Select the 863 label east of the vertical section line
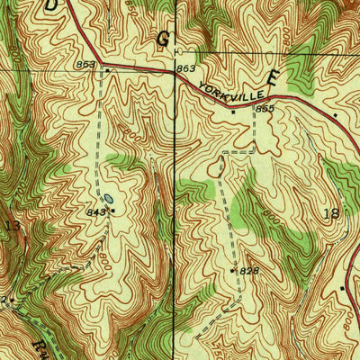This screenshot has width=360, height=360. pos(186,68)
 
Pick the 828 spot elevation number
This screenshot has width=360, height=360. pos(249,271)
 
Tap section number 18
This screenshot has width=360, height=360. pos(330,211)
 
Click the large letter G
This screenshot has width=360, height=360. pos(163,39)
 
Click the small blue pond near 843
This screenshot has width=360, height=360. pos(107,198)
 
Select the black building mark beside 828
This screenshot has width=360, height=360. pos(233,269)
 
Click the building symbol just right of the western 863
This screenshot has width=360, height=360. pos(107,69)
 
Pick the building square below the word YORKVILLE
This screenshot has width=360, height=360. pos(232,112)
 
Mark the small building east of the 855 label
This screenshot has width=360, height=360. pos(336,115)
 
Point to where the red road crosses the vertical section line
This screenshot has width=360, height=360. pos(174,76)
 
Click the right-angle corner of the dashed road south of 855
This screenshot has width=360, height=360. pos(254,152)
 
